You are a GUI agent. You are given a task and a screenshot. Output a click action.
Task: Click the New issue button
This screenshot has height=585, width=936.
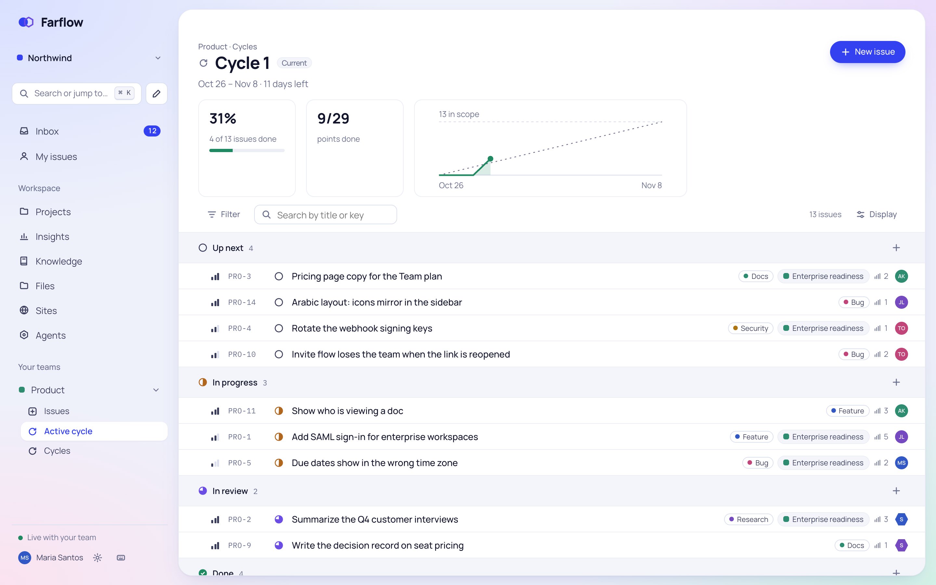click(x=867, y=52)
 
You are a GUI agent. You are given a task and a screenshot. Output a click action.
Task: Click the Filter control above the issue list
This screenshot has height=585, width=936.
click(x=224, y=214)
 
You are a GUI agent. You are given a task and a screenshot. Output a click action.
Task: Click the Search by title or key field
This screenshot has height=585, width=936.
click(x=325, y=215)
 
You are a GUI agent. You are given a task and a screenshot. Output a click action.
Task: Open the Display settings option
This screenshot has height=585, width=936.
click(x=877, y=214)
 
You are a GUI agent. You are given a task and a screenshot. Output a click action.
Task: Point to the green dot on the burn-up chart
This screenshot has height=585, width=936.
click(x=490, y=159)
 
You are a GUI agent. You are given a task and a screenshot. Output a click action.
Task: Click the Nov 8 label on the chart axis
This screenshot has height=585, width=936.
click(x=651, y=185)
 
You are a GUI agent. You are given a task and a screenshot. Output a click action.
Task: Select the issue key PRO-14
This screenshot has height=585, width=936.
click(x=242, y=302)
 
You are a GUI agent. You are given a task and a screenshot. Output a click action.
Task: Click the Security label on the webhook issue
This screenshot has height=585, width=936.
click(x=750, y=328)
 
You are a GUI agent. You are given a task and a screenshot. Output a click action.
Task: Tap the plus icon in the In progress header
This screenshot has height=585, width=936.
click(x=896, y=382)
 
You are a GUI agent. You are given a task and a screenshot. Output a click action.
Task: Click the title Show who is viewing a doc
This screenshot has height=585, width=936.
click(x=347, y=411)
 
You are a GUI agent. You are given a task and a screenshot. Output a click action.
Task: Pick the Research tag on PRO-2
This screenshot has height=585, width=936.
click(x=748, y=519)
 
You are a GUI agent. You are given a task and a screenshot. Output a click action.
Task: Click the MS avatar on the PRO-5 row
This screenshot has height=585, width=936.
click(x=901, y=463)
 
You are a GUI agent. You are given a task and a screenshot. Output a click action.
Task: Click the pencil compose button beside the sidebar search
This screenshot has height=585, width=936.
click(x=156, y=94)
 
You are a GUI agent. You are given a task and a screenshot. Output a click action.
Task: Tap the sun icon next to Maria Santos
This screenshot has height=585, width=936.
click(x=97, y=557)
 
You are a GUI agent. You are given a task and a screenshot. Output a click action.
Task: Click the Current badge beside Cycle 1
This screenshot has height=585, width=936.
click(x=294, y=63)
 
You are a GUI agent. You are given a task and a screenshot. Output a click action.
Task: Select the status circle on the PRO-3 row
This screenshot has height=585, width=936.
click(x=279, y=276)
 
